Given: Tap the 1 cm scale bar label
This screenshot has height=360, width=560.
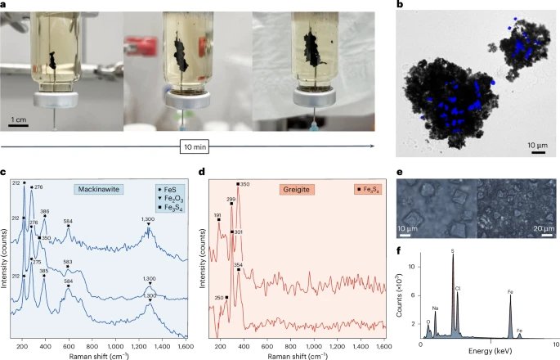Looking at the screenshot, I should click(18, 120).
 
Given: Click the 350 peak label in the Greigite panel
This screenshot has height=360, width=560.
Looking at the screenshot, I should click(244, 185).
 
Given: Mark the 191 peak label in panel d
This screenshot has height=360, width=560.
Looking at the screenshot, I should click(218, 215).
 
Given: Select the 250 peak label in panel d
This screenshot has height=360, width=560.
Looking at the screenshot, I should click(219, 298).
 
